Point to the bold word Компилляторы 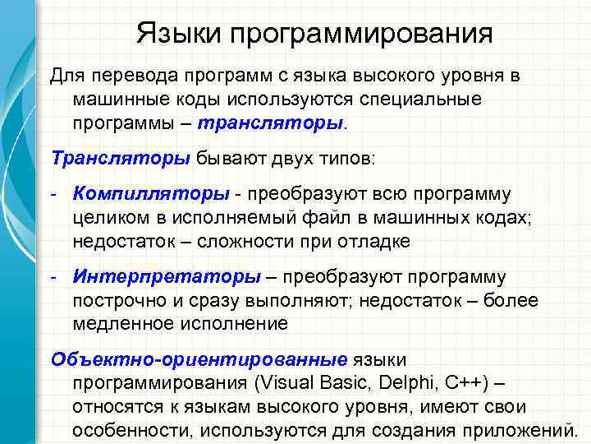[x=151, y=195]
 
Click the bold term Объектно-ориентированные [x=199, y=359]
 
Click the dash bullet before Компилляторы [x=53, y=195]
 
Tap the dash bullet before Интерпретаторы [x=53, y=277]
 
